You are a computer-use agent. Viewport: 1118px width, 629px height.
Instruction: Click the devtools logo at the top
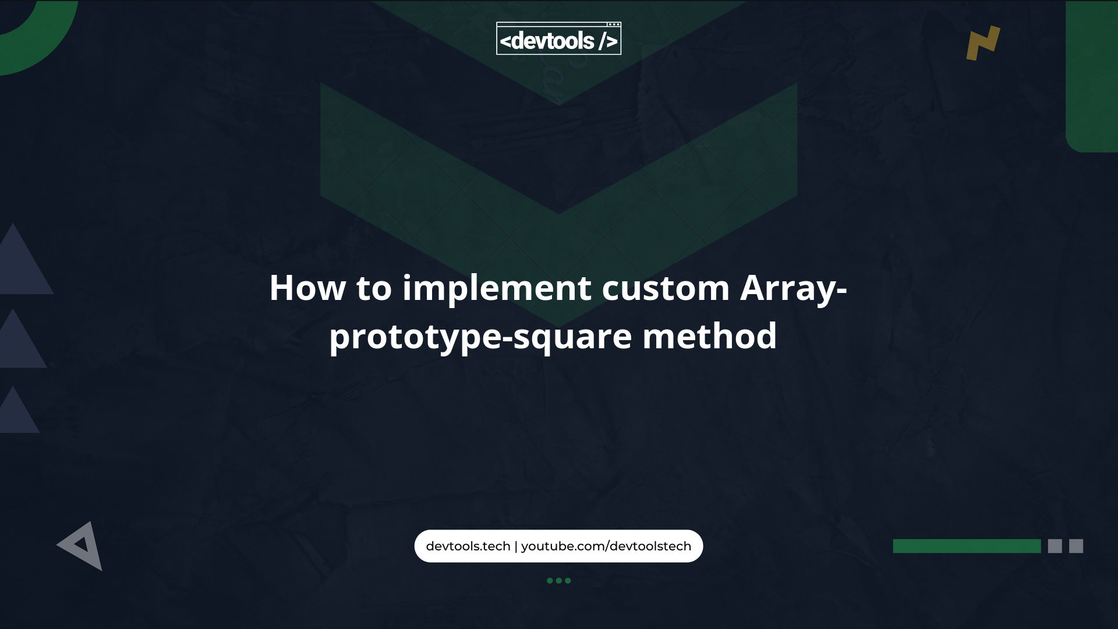558,38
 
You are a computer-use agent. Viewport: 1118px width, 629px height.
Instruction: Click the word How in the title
307,288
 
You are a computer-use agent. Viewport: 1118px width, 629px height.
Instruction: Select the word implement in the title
497,289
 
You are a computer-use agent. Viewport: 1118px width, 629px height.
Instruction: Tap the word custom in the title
665,288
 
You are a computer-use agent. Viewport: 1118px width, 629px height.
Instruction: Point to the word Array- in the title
793,289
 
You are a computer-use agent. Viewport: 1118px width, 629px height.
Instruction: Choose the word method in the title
709,336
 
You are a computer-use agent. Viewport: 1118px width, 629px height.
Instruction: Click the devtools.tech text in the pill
468,546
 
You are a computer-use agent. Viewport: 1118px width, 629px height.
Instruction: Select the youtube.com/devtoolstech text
606,546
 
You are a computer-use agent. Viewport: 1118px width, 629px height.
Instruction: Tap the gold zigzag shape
983,43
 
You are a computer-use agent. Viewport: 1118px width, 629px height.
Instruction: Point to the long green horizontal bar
967,546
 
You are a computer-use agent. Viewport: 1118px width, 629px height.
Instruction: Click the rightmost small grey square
1076,546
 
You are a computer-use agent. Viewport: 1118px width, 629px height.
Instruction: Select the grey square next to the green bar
1055,546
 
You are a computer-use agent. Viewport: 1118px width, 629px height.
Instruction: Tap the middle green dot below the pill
558,581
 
